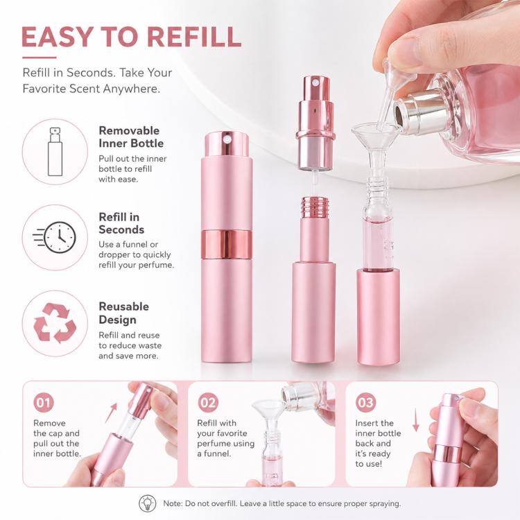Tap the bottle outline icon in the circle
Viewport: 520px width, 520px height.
(x=55, y=152)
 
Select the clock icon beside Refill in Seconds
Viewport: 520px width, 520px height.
(x=55, y=237)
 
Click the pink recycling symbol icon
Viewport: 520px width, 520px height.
(x=55, y=323)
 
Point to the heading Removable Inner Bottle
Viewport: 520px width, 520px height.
(x=131, y=137)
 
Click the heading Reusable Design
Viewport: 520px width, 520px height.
(x=123, y=313)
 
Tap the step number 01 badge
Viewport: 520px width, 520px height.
(x=44, y=403)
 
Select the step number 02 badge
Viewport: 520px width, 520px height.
(x=208, y=403)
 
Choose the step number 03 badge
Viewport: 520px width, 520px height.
(x=366, y=403)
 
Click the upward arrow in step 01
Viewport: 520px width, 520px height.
(x=112, y=413)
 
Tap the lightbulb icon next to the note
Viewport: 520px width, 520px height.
(x=147, y=503)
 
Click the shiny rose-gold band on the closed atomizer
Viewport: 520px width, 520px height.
(x=227, y=245)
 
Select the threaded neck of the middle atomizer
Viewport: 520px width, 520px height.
(x=313, y=207)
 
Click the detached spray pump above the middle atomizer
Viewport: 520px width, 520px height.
(x=315, y=123)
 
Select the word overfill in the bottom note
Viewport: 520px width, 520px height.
(x=223, y=503)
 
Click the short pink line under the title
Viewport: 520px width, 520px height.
(x=39, y=58)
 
